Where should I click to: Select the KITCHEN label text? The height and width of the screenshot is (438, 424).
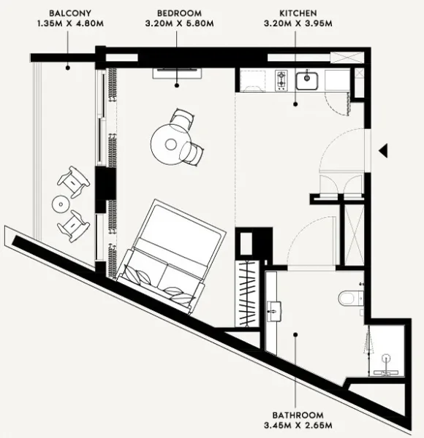[x=298, y=13]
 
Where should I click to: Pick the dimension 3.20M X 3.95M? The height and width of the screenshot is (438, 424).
[x=298, y=24]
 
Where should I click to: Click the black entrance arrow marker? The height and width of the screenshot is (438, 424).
[x=383, y=150]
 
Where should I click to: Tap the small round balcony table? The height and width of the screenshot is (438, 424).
[x=60, y=202]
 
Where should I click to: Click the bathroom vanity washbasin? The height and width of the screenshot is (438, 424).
[x=276, y=309]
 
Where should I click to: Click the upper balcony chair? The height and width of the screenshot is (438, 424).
[x=73, y=179]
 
